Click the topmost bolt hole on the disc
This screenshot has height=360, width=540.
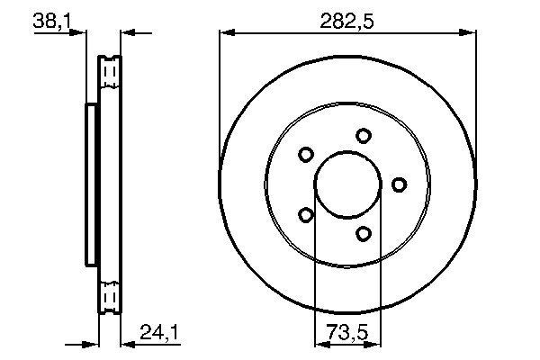tap(364, 136)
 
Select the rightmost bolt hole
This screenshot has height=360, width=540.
tap(399, 184)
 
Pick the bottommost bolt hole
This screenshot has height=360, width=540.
tap(364, 234)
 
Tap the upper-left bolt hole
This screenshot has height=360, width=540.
tap(306, 154)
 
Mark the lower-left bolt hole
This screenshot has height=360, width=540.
tap(306, 215)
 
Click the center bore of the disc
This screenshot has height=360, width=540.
tap(347, 184)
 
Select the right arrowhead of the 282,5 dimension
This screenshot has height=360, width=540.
tap(469, 33)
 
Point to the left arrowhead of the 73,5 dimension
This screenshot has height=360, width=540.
tap(319, 343)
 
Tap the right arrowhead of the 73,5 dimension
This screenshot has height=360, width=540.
tap(376, 343)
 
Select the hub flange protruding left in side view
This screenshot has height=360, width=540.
tap(91, 184)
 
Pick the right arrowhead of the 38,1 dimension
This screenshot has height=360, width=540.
tap(126, 33)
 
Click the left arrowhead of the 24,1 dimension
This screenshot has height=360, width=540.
tap(92, 343)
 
